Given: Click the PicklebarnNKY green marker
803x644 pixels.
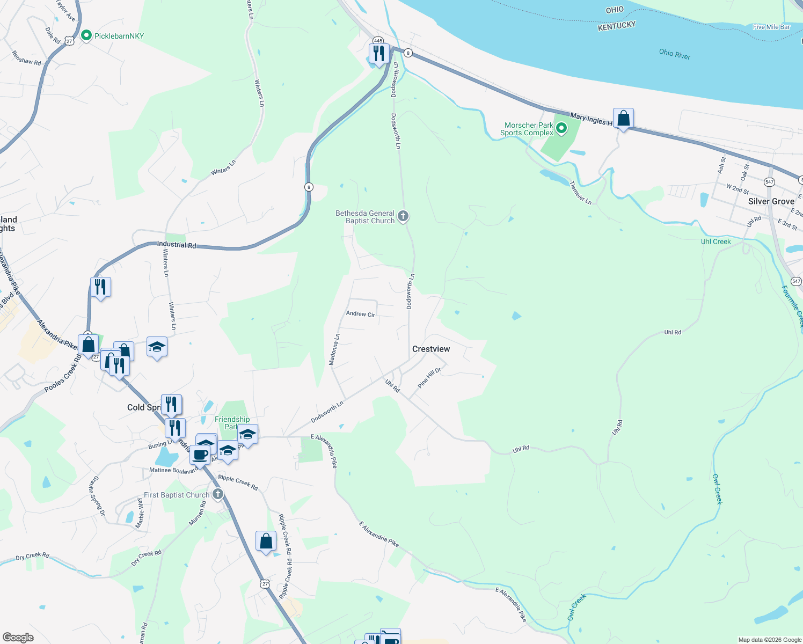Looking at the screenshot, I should pyautogui.click(x=86, y=36).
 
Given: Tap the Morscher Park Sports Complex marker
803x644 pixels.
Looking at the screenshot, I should pyautogui.click(x=561, y=128).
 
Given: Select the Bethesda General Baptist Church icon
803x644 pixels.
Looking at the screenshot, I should pyautogui.click(x=403, y=216).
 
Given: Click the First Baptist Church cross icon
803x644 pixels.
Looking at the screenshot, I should pyautogui.click(x=217, y=494).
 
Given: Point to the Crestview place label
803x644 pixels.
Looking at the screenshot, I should pyautogui.click(x=431, y=349).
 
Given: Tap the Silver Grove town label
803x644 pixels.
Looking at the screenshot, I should pyautogui.click(x=771, y=201).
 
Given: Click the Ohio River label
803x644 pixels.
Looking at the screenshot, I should pyautogui.click(x=674, y=54).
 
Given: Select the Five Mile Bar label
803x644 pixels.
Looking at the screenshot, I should pyautogui.click(x=771, y=27).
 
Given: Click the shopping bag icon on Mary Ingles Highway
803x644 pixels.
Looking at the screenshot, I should pyautogui.click(x=623, y=118).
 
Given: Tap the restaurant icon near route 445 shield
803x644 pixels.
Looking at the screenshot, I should pyautogui.click(x=379, y=54).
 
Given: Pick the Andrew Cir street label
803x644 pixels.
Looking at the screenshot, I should pyautogui.click(x=360, y=314).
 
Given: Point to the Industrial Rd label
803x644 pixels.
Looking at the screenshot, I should pyautogui.click(x=177, y=245).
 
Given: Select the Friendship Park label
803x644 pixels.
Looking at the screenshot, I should pyautogui.click(x=232, y=423).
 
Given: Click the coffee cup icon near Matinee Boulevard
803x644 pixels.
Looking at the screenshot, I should pyautogui.click(x=200, y=455).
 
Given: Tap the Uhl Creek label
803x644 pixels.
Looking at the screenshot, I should pyautogui.click(x=716, y=241).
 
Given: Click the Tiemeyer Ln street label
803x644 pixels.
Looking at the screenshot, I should pyautogui.click(x=580, y=193).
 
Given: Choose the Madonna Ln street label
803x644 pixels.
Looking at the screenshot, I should pyautogui.click(x=334, y=350).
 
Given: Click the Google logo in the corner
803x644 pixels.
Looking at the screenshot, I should pyautogui.click(x=18, y=637).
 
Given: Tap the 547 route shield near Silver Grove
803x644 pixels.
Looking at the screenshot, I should pyautogui.click(x=769, y=182).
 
